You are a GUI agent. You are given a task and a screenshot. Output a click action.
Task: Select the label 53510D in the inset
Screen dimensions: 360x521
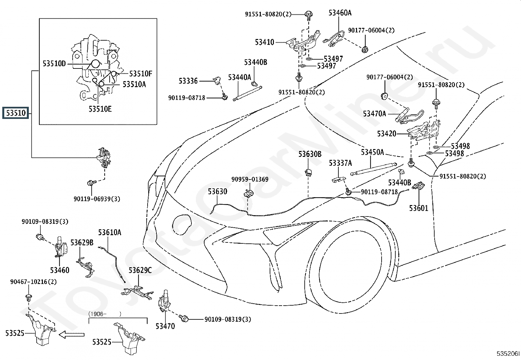click(x=54, y=64)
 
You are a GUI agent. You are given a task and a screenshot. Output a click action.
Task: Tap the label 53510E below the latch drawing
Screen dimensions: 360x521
click(x=100, y=109)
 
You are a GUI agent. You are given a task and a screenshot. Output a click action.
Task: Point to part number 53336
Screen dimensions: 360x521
click(x=188, y=81)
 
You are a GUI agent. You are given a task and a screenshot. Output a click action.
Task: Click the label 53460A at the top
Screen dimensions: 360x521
click(x=340, y=13)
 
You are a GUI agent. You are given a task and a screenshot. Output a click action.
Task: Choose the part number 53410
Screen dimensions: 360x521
click(x=264, y=42)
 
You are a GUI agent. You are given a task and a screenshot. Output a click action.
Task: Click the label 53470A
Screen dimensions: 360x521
click(x=374, y=114)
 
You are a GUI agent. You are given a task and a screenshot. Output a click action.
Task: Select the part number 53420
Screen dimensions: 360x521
click(x=386, y=134)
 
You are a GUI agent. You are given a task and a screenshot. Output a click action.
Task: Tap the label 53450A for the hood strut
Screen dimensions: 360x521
click(x=372, y=152)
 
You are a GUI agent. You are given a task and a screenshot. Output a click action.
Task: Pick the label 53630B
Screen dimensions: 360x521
click(x=310, y=154)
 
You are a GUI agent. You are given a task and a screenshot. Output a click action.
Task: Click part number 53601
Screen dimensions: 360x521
click(x=419, y=208)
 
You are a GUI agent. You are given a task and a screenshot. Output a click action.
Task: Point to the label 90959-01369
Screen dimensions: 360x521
click(x=250, y=179)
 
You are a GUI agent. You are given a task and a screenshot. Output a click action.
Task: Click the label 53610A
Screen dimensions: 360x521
click(x=110, y=233)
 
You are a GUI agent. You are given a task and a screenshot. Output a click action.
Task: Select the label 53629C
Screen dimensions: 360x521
click(x=140, y=270)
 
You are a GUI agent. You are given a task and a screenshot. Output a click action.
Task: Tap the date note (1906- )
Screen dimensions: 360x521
click(x=105, y=314)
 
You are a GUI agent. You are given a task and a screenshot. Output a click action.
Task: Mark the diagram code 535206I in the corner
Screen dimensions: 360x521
click(x=508, y=354)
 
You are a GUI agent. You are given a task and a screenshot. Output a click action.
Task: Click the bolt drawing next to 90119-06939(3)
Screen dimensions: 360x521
click(x=91, y=182)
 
